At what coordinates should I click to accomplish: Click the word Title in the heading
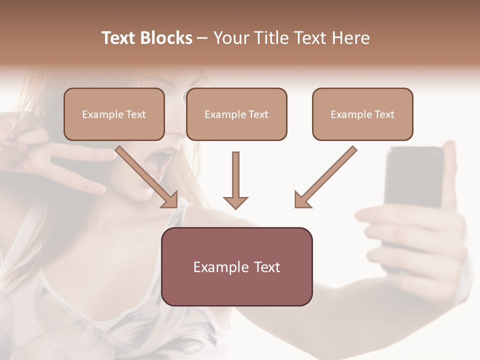click(268, 38)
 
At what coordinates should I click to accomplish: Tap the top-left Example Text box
click(114, 114)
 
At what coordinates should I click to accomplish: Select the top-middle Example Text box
click(236, 114)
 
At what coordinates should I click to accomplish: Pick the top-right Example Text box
click(362, 114)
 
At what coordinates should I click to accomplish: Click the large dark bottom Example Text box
click(236, 266)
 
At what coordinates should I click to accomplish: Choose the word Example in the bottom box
click(218, 267)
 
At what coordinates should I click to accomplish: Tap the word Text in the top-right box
click(384, 114)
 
